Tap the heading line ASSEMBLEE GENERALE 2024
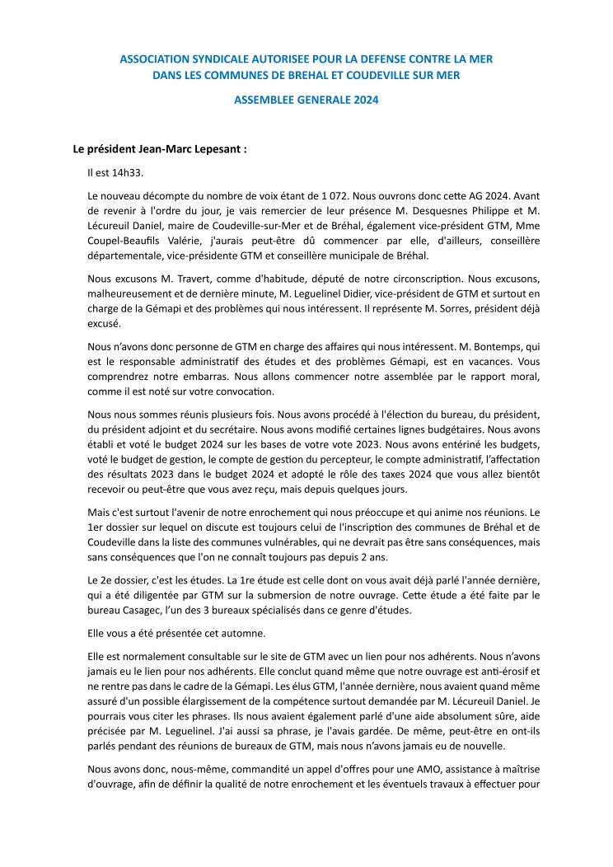click(x=306, y=101)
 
